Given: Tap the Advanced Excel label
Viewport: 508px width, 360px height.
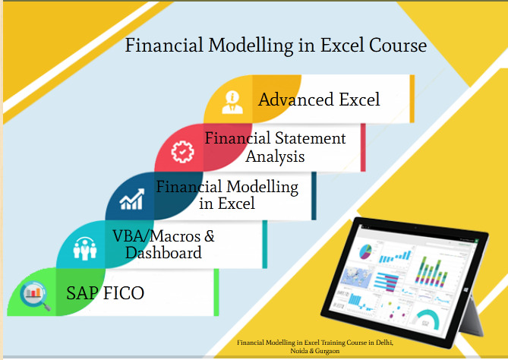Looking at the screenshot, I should [319, 99].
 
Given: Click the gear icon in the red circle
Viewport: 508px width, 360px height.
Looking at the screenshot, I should [182, 150].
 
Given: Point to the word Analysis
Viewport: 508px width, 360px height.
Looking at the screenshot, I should [275, 156].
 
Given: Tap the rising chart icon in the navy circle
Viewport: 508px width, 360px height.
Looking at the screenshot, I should [132, 199].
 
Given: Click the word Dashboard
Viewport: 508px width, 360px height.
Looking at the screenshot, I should [163, 253].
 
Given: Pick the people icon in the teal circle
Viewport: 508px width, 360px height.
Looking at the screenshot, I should [84, 247].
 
